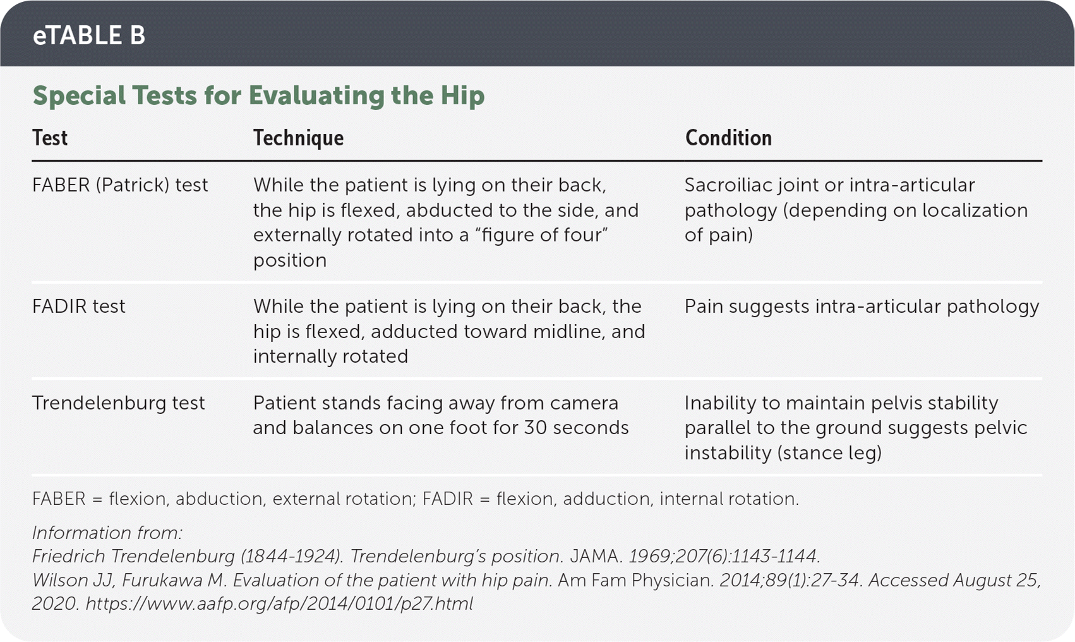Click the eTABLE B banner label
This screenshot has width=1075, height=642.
coord(89,35)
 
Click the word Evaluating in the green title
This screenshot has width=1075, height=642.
coord(316,95)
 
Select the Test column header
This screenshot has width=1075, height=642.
coord(50,138)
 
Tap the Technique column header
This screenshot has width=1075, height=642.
coord(299,138)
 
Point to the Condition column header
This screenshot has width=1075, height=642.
coord(728,138)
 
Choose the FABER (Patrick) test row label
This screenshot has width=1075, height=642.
coord(120,185)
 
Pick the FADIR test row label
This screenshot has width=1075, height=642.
coord(79,306)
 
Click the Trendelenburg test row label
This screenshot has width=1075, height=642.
coord(119,403)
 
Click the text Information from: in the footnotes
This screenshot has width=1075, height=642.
coord(107,533)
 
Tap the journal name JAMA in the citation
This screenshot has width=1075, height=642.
coord(596,556)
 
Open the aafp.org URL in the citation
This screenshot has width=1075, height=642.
coord(279,603)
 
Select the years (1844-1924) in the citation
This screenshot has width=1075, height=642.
coord(292,556)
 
